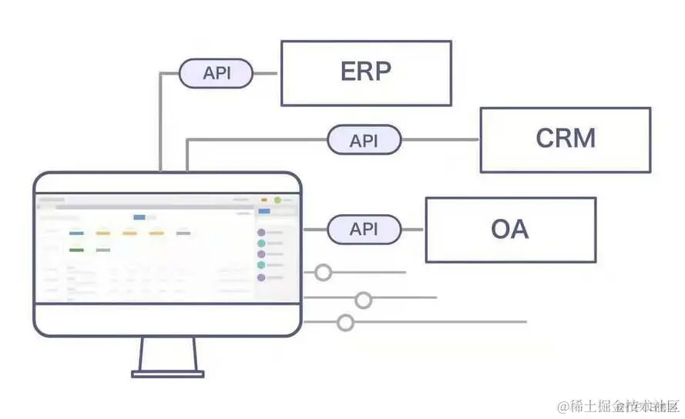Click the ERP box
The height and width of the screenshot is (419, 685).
coord(366,73)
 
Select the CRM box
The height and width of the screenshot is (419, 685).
coord(565,139)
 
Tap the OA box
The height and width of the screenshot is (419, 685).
coord(510,230)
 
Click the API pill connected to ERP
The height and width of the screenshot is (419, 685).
coord(216,74)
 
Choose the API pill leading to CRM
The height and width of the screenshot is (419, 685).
coord(364,140)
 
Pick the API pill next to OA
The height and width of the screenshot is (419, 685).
coord(364,230)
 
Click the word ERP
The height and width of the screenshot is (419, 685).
coord(366,72)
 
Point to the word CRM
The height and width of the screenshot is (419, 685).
coord(566,139)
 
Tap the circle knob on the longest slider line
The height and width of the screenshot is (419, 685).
coord(346,322)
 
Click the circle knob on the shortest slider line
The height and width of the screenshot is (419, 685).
coord(323,272)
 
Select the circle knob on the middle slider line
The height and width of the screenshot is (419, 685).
coord(363,300)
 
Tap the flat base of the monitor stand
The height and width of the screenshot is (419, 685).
coord(168,374)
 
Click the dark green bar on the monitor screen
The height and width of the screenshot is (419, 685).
coord(76,250)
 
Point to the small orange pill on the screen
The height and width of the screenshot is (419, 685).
coord(264,200)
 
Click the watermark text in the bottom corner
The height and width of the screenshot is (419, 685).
coord(620,406)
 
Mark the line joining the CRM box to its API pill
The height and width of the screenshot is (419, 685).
coord(440,140)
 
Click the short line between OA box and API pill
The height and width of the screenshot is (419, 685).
coord(414,230)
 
